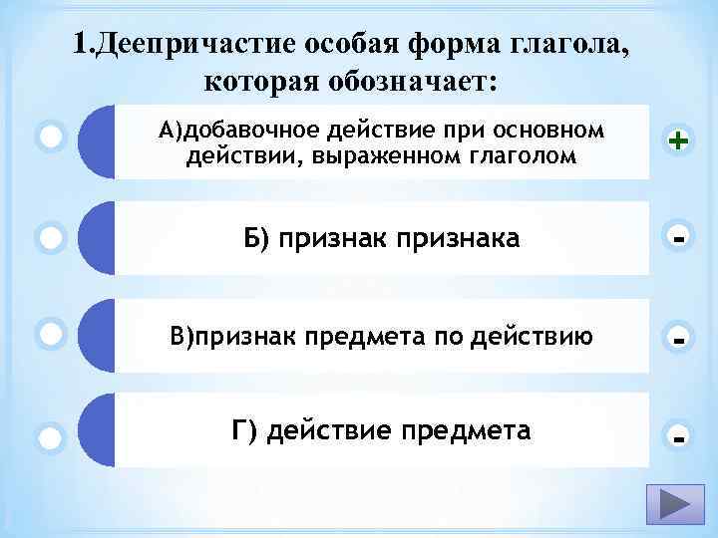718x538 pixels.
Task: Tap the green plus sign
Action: (x=679, y=142)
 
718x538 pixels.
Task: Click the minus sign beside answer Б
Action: (x=679, y=239)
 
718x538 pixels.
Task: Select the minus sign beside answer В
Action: (x=679, y=340)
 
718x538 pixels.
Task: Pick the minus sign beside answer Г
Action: (x=679, y=436)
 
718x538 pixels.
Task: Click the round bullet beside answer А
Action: (x=51, y=134)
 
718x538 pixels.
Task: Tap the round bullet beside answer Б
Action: (x=51, y=238)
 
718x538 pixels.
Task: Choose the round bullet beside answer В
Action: (x=51, y=333)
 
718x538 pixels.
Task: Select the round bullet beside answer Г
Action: (x=51, y=436)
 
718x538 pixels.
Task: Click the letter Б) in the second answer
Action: (x=254, y=238)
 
